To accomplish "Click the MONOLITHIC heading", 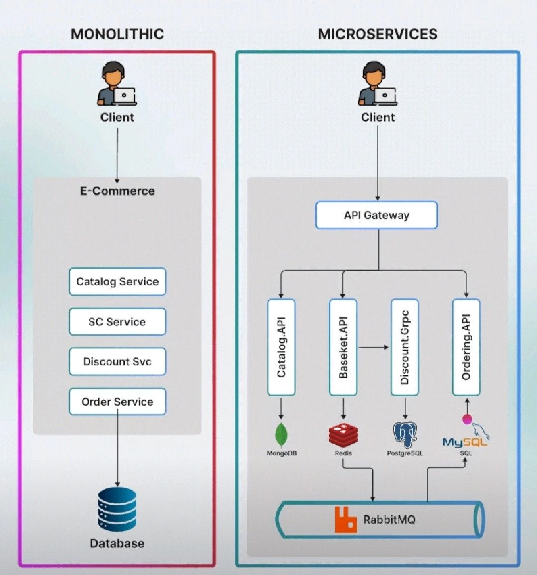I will [117, 34].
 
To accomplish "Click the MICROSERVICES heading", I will [377, 34].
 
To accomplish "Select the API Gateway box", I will [376, 215].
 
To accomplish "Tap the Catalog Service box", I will [117, 281].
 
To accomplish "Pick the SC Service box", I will [117, 322].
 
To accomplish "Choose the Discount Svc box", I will [117, 361].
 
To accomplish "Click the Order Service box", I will [117, 402].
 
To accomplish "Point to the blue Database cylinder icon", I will [117, 509].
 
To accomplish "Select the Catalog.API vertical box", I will [281, 347].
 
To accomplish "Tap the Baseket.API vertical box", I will [343, 347].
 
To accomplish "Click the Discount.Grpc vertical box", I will [404, 347].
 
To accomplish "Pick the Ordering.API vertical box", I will [466, 347].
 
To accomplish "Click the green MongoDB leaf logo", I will [281, 435].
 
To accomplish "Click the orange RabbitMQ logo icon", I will [346, 520].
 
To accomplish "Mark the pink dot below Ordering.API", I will [467, 419].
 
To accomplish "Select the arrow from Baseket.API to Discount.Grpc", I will [373, 347].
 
